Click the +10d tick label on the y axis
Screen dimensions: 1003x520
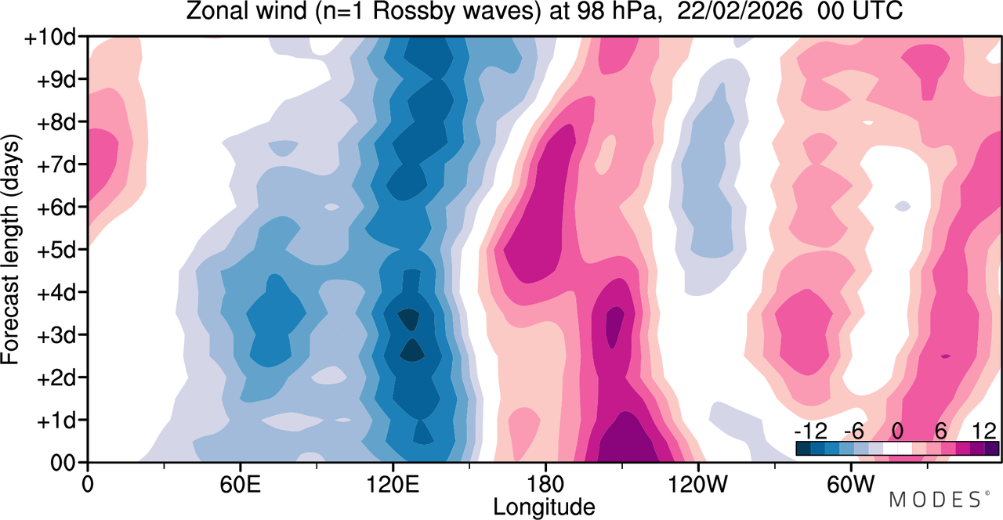51,38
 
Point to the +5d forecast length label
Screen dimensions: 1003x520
56,251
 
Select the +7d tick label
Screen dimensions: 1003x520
56,166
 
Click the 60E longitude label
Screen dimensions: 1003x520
240,485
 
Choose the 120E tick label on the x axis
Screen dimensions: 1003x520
393,485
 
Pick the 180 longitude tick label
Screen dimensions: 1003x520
545,485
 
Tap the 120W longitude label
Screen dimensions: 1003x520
698,485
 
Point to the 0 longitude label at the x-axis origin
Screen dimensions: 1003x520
88,485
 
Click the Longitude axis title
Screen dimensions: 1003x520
544,507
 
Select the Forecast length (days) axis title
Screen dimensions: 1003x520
11,249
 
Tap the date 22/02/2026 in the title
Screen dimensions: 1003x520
739,11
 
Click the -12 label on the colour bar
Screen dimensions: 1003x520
811,432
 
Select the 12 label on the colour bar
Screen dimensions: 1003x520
984,432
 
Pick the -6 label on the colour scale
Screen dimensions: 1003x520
854,432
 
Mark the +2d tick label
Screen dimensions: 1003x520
56,379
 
